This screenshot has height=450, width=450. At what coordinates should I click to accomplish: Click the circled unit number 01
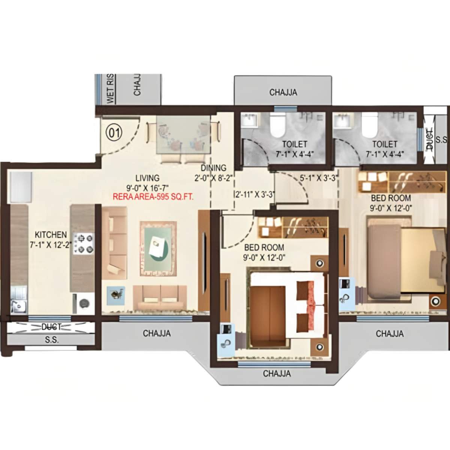115,132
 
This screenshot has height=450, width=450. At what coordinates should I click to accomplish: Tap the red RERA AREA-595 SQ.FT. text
153,196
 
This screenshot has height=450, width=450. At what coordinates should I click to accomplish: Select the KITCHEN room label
51,235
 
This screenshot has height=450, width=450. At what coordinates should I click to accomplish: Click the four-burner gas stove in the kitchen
83,244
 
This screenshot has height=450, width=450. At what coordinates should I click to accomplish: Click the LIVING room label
147,178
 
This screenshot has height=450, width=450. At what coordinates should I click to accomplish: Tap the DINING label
213,168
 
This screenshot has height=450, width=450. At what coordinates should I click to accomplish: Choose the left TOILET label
295,144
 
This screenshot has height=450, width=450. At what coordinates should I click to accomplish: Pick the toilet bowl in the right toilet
369,126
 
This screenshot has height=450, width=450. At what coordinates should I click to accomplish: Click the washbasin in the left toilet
248,120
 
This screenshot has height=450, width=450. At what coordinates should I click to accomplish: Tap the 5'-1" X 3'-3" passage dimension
319,178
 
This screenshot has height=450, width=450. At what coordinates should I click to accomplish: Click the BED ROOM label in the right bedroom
391,198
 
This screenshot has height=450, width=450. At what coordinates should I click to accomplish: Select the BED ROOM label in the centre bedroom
264,247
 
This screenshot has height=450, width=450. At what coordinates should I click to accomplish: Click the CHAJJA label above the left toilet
283,92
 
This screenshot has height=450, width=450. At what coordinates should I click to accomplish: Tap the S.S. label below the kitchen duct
51,340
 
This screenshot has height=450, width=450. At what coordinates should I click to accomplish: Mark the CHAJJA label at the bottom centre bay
277,373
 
